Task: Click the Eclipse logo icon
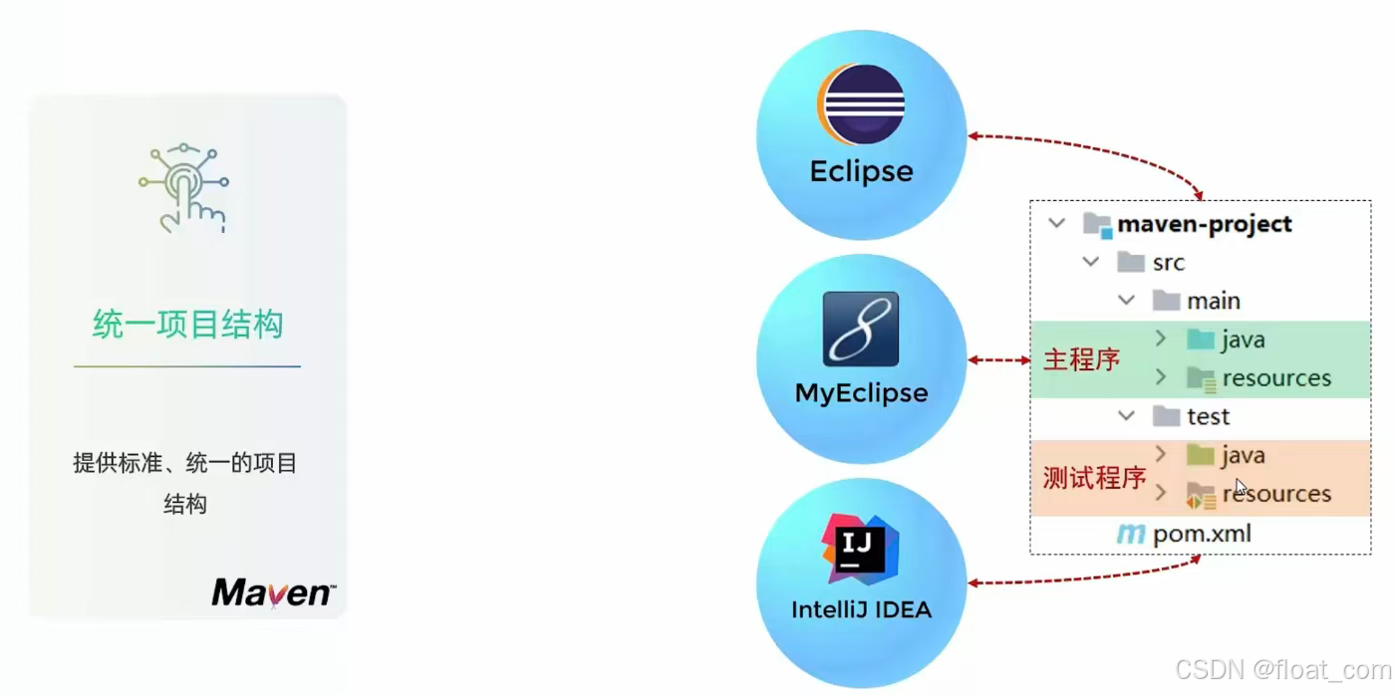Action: point(861,103)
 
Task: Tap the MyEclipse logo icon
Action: point(861,329)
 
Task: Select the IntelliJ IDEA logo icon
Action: point(860,550)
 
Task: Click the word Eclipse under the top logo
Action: point(861,171)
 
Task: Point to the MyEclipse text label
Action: point(861,393)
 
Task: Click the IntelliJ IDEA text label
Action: point(861,609)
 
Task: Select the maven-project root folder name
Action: point(1204,224)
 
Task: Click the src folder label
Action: point(1168,263)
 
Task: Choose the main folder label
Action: point(1213,301)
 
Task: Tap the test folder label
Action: point(1208,416)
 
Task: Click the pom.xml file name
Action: point(1202,535)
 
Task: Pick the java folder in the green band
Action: point(1243,340)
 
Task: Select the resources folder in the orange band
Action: point(1276,494)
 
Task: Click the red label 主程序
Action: point(1081,359)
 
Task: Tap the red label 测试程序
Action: point(1094,478)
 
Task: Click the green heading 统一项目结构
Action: point(187,325)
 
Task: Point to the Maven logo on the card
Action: point(272,591)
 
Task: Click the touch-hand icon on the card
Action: point(185,188)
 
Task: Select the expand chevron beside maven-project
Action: point(1057,224)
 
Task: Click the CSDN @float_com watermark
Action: point(1282,670)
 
